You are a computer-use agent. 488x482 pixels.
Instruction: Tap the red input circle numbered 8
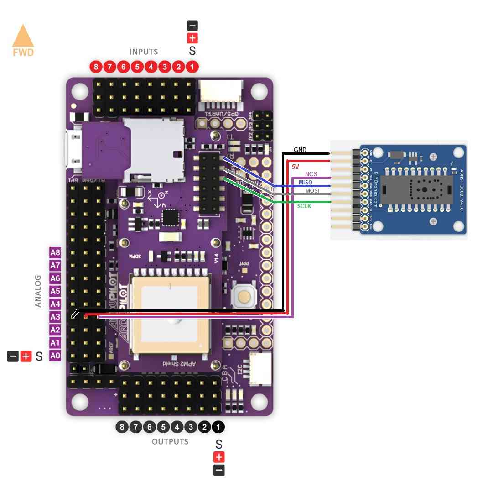pos(95,67)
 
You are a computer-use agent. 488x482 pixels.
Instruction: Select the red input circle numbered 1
pos(192,67)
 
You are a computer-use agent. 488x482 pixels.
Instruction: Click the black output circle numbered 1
pos(218,427)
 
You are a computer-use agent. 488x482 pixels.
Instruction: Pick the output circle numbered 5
pos(163,427)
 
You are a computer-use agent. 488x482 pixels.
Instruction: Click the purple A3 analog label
pos(55,317)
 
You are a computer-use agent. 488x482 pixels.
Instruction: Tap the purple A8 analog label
pos(55,252)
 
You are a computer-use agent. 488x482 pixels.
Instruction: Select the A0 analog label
pos(55,355)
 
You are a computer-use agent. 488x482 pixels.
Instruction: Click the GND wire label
pos(300,150)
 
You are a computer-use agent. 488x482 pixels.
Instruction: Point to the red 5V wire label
pos(296,167)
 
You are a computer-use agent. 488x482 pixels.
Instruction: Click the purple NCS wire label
pos(311,174)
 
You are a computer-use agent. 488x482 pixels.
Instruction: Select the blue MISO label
pos(306,183)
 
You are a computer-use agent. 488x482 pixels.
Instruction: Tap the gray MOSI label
pos(312,190)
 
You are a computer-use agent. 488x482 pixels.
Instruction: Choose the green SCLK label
pos(304,206)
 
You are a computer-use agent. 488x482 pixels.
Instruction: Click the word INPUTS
pos(144,52)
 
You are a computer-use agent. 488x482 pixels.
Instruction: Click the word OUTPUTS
pos(170,442)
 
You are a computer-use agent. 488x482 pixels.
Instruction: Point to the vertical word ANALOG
pos(38,290)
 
